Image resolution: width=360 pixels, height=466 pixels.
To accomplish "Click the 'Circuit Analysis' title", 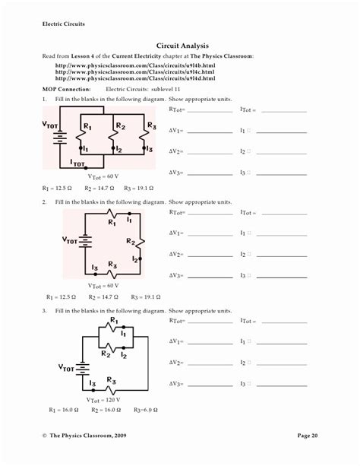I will (182, 46).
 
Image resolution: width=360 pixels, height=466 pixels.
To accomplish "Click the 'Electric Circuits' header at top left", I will (64, 24).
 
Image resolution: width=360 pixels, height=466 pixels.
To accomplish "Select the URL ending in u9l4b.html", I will (135, 66).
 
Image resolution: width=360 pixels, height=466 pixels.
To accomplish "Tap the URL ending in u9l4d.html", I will (135, 78).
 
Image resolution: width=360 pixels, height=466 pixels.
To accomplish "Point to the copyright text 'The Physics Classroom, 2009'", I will (89, 435).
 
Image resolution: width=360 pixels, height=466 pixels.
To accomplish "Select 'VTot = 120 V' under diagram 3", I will (103, 400).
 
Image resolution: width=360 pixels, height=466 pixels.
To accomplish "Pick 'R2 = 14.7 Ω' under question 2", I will (103, 297).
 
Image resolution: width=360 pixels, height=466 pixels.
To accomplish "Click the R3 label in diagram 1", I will (152, 125).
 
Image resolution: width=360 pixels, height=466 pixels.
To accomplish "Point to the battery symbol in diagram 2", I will (86, 241).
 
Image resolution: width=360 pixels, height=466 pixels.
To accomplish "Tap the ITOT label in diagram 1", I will (78, 162).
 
